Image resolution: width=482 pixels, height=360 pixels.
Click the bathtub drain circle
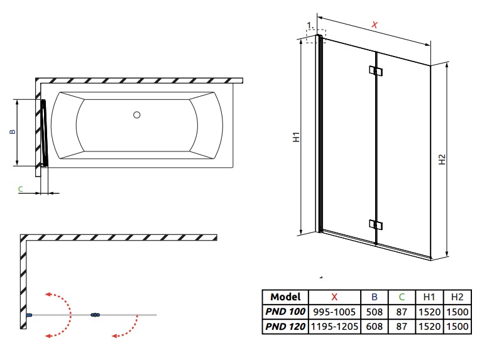pos(137,115)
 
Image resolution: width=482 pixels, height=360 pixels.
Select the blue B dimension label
pos(13,131)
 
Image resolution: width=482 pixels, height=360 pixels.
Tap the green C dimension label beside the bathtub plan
pos(21,188)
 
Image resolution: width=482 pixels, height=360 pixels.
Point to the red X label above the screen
pos(375,25)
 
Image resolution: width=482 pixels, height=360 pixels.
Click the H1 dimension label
pos(296,137)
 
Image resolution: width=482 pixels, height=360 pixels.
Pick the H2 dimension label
pos(442,159)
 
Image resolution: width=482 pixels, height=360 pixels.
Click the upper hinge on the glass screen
pos(376,71)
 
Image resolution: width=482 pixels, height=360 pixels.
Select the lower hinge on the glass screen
pos(376,225)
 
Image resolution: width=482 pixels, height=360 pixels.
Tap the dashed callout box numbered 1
pos(316,36)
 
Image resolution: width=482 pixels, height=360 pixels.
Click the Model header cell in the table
pos(285,297)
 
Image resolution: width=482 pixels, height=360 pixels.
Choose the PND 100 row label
pos(285,312)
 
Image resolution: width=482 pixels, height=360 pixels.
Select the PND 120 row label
pos(285,327)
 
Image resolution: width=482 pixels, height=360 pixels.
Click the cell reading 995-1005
pos(334,312)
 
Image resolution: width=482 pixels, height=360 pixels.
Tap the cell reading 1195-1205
pos(334,327)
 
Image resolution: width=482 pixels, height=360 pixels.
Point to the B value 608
pos(374,327)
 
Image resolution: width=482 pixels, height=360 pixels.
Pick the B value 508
pos(374,312)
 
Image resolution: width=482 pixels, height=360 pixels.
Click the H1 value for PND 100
pos(429,312)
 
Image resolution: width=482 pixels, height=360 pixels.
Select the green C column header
pos(402,297)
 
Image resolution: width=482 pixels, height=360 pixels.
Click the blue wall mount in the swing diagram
pos(29,315)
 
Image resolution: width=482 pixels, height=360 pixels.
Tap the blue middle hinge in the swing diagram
pos(96,315)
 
